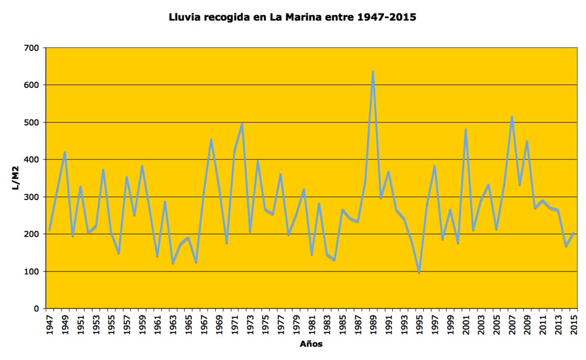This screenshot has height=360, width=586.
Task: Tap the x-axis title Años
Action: coord(311,344)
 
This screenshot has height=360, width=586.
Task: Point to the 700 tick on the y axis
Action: coord(33,48)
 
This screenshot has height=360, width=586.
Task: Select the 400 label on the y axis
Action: coord(33,159)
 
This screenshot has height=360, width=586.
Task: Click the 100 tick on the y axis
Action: coord(33,271)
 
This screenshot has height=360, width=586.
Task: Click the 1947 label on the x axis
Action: coord(50,323)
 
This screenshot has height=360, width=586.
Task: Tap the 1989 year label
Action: coord(373,323)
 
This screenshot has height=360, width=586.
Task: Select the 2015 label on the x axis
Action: coord(573,323)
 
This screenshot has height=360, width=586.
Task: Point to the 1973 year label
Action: coord(250,323)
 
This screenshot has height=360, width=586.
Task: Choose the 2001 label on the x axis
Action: coord(465,323)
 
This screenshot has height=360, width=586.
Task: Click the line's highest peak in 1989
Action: coord(373,72)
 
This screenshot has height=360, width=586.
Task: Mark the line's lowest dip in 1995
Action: coord(419,273)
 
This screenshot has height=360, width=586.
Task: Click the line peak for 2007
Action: coord(512,117)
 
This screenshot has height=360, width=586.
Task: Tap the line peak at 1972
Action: coord(242,124)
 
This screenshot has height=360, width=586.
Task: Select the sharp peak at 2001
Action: coord(465,130)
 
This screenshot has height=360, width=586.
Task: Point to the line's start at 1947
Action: coord(50,230)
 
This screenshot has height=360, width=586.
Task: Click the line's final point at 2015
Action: coord(573,233)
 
